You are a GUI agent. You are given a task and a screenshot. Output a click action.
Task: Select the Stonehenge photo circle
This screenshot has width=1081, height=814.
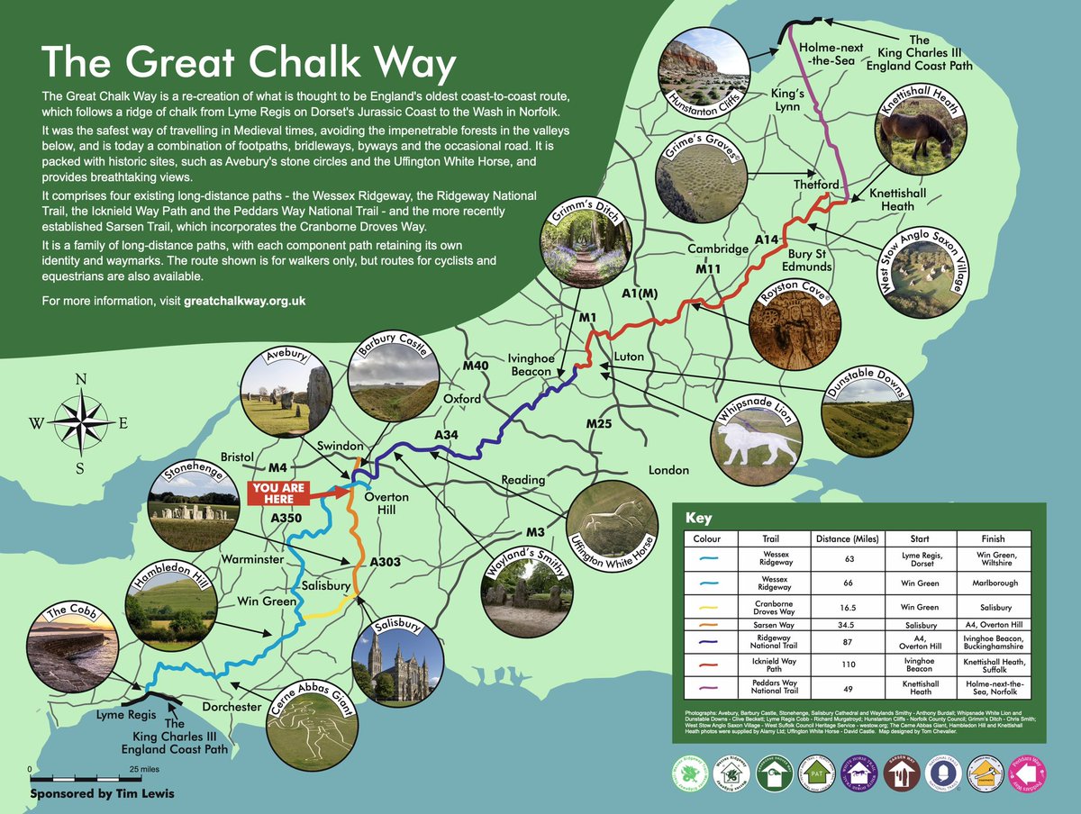click(190, 507)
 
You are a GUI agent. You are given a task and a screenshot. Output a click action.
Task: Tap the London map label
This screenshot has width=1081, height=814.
click(668, 470)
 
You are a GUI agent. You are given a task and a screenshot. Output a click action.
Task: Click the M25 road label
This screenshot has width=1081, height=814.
click(599, 423)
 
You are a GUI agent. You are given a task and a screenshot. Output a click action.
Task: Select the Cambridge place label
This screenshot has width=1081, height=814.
click(718, 249)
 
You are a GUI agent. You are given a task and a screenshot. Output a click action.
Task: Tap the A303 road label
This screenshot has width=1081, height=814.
click(385, 562)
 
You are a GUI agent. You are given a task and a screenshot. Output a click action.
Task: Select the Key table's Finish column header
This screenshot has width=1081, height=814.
click(993, 539)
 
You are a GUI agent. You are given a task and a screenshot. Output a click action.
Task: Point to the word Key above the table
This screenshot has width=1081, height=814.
click(699, 518)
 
